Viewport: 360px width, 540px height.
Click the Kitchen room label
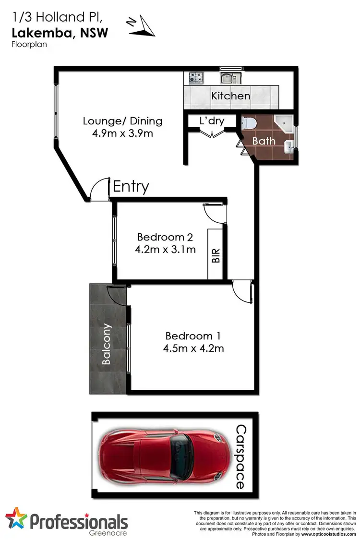(x=231, y=96)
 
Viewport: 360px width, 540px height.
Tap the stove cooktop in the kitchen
(x=195, y=77)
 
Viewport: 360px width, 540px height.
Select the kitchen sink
(x=227, y=78)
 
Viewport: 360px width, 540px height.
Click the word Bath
(x=264, y=141)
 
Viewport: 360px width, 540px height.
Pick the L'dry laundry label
(x=212, y=121)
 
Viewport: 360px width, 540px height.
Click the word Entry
(x=131, y=186)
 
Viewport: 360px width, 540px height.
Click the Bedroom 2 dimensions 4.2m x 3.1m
(x=166, y=249)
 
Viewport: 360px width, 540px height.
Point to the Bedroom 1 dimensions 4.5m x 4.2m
(x=194, y=348)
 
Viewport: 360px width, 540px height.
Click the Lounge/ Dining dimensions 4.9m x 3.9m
(x=123, y=133)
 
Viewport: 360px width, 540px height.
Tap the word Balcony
(x=107, y=344)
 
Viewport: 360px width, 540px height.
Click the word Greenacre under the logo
(x=110, y=532)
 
